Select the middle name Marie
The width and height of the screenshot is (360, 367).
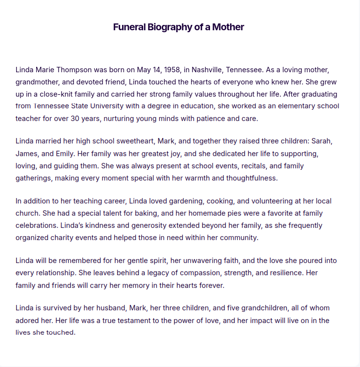click(47, 70)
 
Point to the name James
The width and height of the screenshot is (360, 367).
click(27, 153)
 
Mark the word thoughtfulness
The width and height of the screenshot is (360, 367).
click(249, 178)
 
